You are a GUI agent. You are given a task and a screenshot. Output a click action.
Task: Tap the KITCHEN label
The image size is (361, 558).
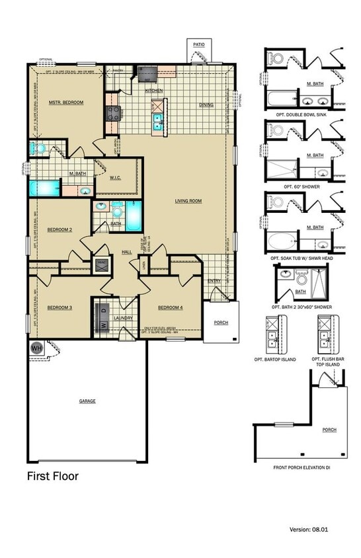coord(154,91)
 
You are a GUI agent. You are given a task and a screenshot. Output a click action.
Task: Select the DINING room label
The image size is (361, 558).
coord(207,105)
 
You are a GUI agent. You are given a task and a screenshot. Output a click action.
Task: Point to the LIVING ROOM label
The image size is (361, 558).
coord(188,201)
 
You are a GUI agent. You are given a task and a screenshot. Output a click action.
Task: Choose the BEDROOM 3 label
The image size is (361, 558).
coord(59,307)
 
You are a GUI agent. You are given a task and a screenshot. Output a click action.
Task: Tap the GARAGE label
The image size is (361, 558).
coord(87,401)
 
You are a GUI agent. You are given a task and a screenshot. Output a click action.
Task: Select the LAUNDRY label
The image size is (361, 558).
coord(124,317)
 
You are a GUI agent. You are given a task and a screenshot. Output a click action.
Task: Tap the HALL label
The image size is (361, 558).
coord(126,252)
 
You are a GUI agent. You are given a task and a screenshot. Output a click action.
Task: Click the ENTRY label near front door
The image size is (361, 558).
coord(214,281)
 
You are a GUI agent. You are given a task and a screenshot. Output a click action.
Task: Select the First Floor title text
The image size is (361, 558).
coord(52,475)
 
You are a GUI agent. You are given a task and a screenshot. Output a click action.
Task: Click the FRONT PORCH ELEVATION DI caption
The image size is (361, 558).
coord(301,467)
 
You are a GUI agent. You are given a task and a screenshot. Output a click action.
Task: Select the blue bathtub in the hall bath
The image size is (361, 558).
coord(134,216)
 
